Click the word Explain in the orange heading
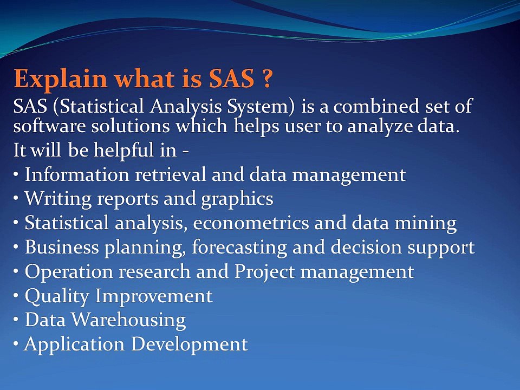click(x=51, y=80)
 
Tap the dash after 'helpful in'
click(x=186, y=151)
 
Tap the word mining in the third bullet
click(x=431, y=223)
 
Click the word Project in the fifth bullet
click(x=263, y=272)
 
